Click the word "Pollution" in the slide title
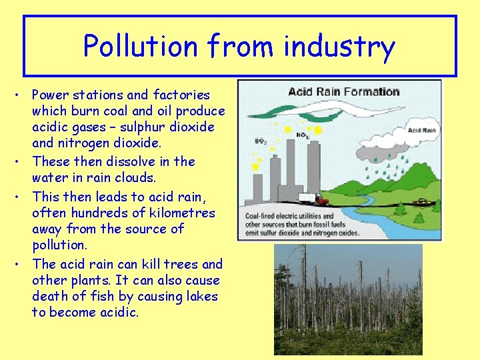click(141, 47)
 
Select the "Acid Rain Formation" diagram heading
click(343, 91)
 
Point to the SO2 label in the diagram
click(261, 141)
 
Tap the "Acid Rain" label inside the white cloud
click(421, 131)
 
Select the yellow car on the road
click(421, 201)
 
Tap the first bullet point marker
click(15, 95)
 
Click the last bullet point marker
click(15, 264)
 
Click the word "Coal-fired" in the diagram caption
click(262, 216)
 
